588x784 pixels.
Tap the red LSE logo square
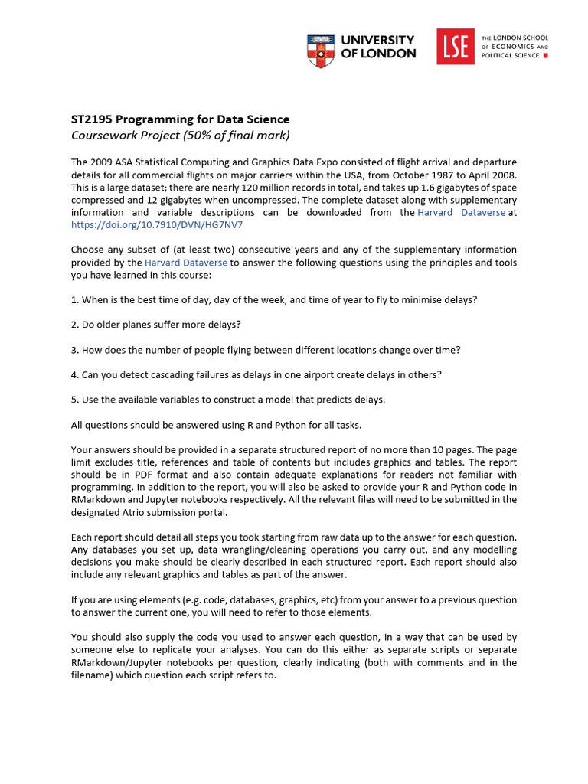pyautogui.click(x=455, y=47)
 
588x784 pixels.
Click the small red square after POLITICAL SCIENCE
pyautogui.click(x=544, y=56)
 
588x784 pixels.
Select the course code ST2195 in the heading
pyautogui.click(x=90, y=119)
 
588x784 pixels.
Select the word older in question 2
pyautogui.click(x=109, y=325)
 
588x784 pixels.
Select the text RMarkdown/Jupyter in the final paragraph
pyautogui.click(x=117, y=662)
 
